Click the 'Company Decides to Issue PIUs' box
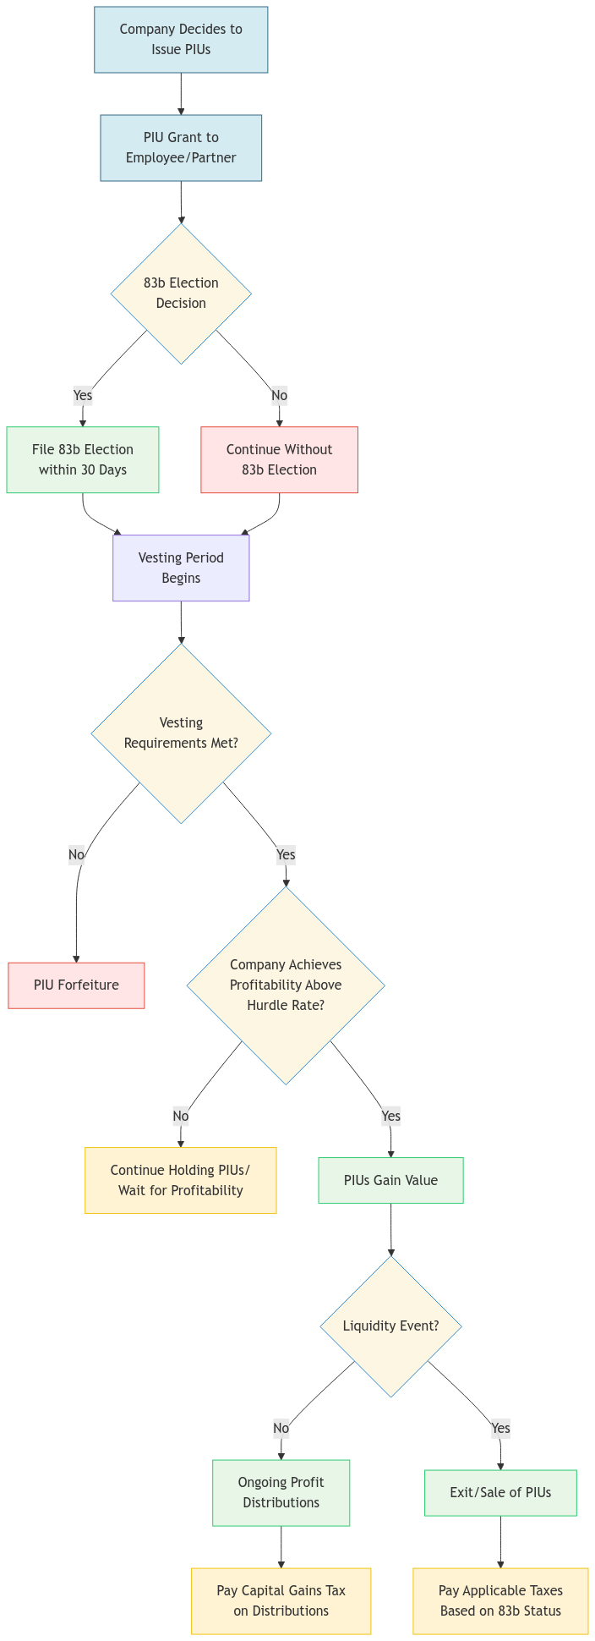pos(181,40)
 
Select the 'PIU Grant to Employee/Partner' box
pos(181,148)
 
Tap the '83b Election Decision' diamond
pos(181,294)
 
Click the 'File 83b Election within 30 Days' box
pos(83,460)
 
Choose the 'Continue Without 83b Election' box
pos(279,460)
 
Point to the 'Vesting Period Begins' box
pos(181,568)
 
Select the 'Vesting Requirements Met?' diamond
pos(181,733)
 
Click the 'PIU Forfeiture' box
pos(76,985)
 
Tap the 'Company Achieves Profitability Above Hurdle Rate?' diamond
pos(286,985)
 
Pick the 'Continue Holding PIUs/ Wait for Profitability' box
pos(180,1181)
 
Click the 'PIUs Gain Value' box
pos(390,1181)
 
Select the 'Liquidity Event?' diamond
pos(390,1326)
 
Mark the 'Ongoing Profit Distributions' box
pos(281,1493)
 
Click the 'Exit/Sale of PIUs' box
pos(500,1493)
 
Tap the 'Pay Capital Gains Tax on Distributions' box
pos(281,1601)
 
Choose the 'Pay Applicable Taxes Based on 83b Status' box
pos(500,1601)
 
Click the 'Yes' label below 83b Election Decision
pos(83,395)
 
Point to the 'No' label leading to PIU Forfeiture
pos(76,855)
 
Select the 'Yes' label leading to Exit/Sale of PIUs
pos(500,1429)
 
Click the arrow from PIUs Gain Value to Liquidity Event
pos(390,1231)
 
